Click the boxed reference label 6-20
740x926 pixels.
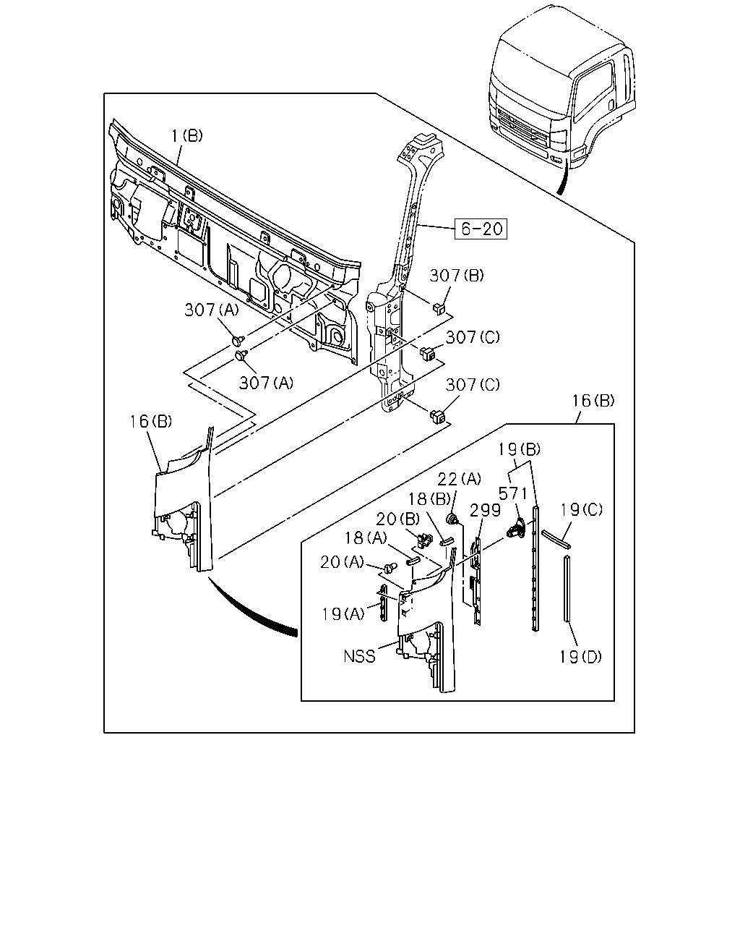point(481,229)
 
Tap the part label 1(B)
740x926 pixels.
point(187,136)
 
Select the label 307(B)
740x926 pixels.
point(457,276)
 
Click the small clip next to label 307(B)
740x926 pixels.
point(439,308)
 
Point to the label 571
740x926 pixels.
point(512,493)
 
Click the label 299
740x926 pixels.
point(485,510)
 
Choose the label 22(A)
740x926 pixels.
point(459,478)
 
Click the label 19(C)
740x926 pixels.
point(581,510)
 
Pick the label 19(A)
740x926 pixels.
point(343,614)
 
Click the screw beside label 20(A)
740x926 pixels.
point(390,568)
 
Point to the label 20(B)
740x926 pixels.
point(397,519)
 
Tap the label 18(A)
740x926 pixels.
point(366,538)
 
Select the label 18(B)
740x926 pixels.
point(429,499)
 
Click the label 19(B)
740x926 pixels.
point(519,450)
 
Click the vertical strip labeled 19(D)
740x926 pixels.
point(567,588)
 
